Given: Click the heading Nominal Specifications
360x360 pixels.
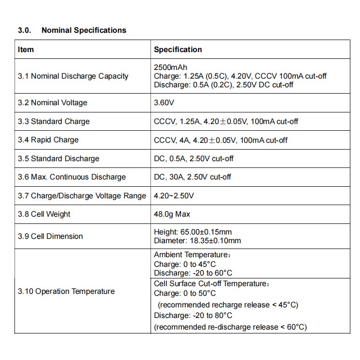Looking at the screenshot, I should pyautogui.click(x=83, y=30).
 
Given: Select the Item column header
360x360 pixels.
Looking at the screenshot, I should pyautogui.click(x=26, y=49).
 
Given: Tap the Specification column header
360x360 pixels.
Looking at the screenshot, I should pyautogui.click(x=178, y=49).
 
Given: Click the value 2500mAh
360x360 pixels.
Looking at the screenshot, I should pyautogui.click(x=170, y=67).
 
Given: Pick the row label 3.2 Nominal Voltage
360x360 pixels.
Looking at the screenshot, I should pyautogui.click(x=53, y=103).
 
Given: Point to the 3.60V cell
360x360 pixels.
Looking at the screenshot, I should pyautogui.click(x=165, y=103).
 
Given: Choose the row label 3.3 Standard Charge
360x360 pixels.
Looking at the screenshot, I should pyautogui.click(x=54, y=121).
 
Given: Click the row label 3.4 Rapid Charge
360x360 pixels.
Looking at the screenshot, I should pyautogui.click(x=48, y=140).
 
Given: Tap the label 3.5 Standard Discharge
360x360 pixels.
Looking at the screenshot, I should pyautogui.click(x=58, y=159).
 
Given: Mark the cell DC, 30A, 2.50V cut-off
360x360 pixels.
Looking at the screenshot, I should pyautogui.click(x=193, y=177).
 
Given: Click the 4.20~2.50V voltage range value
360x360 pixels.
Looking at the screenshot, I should pyautogui.click(x=174, y=196).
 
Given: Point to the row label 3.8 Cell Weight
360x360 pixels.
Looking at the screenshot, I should pyautogui.click(x=44, y=214).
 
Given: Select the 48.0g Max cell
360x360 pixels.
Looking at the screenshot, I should pyautogui.click(x=172, y=214).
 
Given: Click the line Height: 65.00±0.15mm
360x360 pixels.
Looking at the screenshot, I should pyautogui.click(x=193, y=232).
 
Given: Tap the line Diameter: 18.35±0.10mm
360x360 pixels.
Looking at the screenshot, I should pyautogui.click(x=197, y=241).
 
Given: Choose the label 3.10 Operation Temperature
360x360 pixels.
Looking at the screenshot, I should pyautogui.click(x=67, y=291).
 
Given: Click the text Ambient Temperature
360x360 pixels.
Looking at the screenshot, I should pyautogui.click(x=191, y=255).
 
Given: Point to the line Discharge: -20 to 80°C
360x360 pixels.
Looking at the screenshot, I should pyautogui.click(x=193, y=316).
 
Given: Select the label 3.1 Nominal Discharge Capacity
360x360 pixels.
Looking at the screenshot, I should pyautogui.click(x=73, y=76).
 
